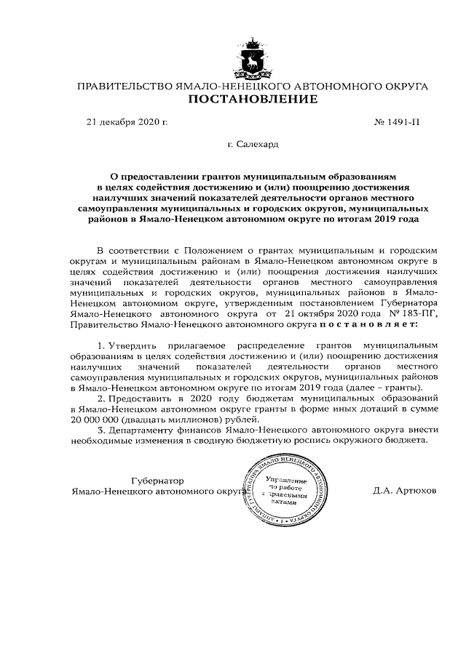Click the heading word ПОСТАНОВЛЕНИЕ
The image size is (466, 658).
252,100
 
